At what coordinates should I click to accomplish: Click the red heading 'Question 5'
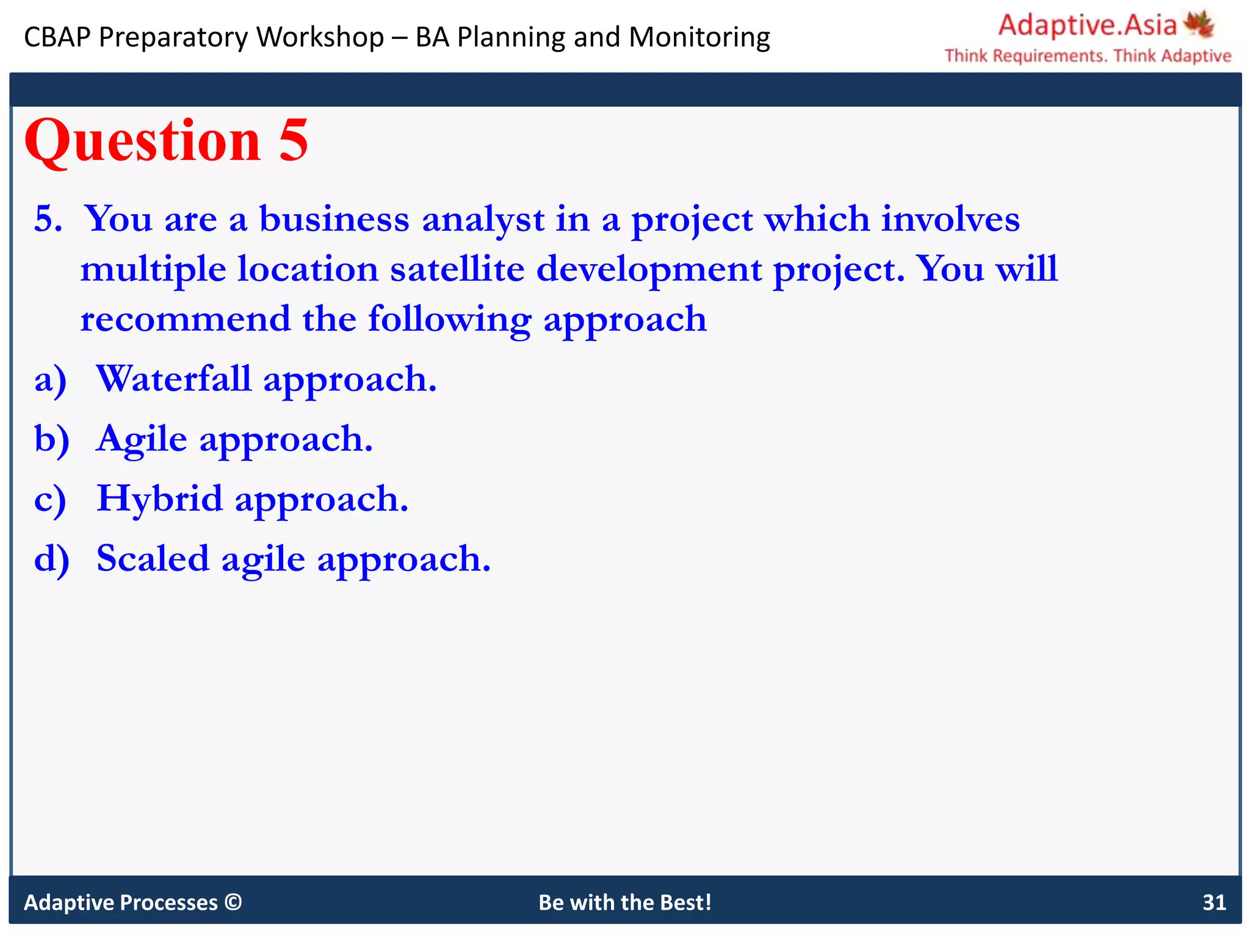pyautogui.click(x=166, y=142)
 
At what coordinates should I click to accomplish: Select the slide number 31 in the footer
pyautogui.click(x=1214, y=902)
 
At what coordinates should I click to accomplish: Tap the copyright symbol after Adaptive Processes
pyautogui.click(x=233, y=902)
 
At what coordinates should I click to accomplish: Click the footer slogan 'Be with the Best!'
pyautogui.click(x=625, y=902)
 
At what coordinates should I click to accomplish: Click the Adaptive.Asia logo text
pyautogui.click(x=1087, y=26)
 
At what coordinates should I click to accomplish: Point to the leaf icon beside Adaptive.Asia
pyautogui.click(x=1199, y=24)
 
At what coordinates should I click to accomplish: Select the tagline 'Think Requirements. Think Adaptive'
pyautogui.click(x=1088, y=56)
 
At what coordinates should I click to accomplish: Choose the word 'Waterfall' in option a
pyautogui.click(x=174, y=379)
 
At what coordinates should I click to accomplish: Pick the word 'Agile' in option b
pyautogui.click(x=142, y=439)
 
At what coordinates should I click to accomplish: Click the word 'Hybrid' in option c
pyautogui.click(x=160, y=498)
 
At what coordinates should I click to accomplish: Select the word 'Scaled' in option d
pyautogui.click(x=153, y=558)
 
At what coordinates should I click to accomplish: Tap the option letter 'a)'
pyautogui.click(x=50, y=380)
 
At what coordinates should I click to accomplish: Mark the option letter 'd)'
pyautogui.click(x=51, y=559)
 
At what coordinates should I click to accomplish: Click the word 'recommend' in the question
pyautogui.click(x=186, y=319)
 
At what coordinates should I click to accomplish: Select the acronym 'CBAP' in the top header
pyautogui.click(x=57, y=37)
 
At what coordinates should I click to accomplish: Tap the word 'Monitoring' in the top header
pyautogui.click(x=699, y=37)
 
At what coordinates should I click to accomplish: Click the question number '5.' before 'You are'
pyautogui.click(x=48, y=219)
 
